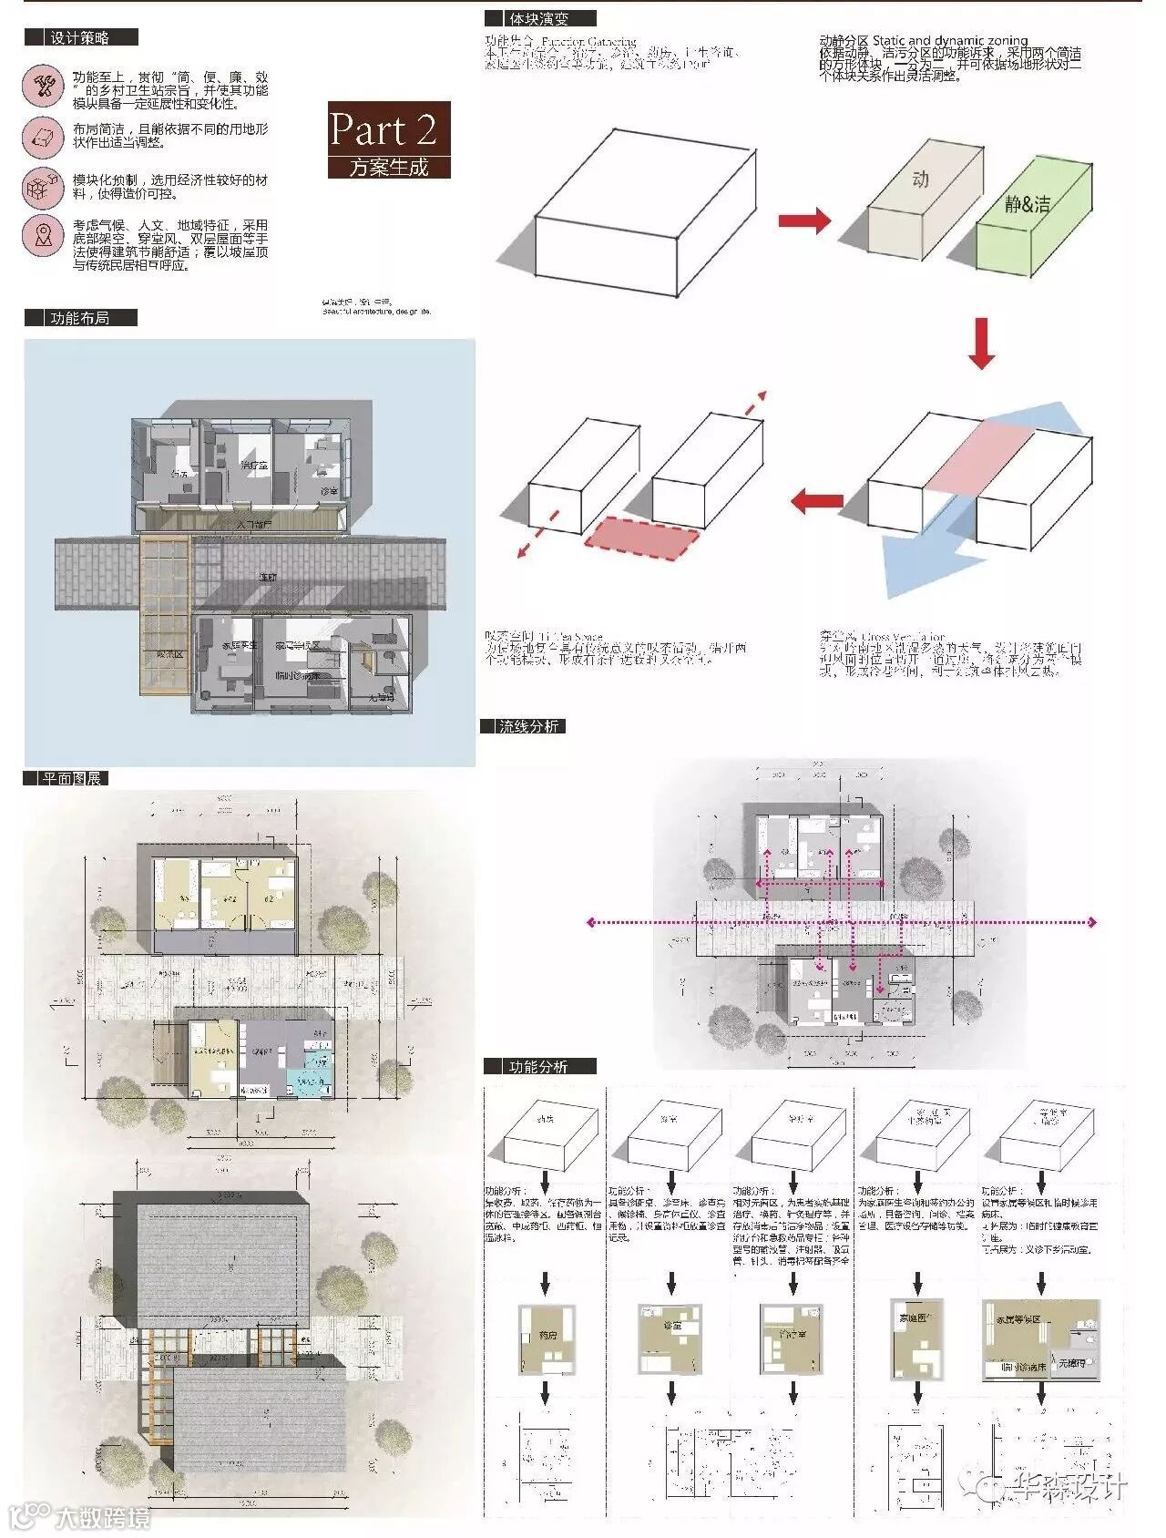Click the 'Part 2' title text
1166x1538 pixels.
384,129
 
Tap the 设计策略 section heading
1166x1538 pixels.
80,37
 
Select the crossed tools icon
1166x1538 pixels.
43,86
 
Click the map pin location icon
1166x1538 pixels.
43,235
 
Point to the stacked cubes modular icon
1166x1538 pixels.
43,188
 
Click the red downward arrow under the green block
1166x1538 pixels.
981,342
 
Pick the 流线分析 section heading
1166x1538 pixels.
528,726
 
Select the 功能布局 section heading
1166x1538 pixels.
80,318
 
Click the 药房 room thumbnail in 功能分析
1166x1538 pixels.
547,1339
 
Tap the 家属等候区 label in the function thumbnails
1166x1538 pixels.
1018,1319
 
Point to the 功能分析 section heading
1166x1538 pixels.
538,1066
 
